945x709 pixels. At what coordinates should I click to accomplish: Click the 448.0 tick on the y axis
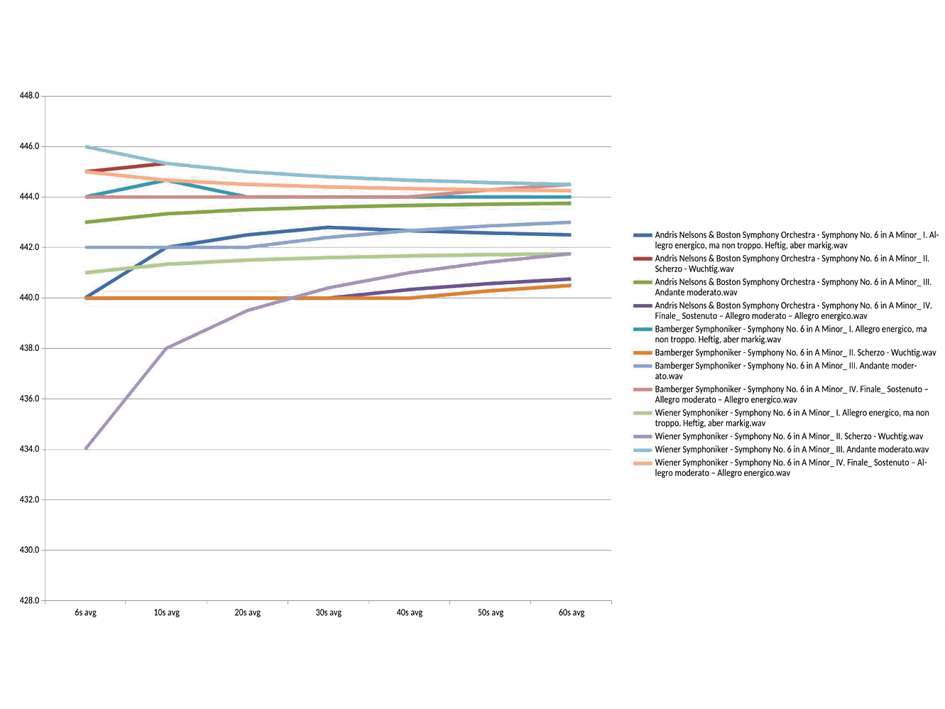point(29,96)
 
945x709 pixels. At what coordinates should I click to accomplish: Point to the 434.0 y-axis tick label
point(29,449)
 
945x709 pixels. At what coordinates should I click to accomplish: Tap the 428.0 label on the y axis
point(29,600)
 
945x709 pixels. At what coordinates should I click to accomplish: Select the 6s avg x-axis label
point(85,612)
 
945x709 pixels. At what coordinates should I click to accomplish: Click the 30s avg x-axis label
point(328,612)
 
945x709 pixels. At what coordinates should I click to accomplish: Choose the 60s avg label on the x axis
point(571,612)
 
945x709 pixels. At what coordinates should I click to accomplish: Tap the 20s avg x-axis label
point(247,612)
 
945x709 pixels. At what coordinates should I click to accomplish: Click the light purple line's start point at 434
point(86,449)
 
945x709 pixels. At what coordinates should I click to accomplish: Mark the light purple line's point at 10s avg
point(166,348)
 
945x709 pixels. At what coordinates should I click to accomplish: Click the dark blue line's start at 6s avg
point(86,297)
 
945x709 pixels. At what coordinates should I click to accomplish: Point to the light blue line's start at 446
point(86,146)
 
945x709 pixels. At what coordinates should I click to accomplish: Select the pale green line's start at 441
point(86,272)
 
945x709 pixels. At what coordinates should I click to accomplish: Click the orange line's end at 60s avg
point(570,285)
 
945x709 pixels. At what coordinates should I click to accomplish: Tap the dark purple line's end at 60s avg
point(570,278)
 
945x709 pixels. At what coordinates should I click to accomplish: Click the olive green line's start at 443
point(86,222)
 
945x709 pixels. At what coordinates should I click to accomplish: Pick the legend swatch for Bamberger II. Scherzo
point(642,353)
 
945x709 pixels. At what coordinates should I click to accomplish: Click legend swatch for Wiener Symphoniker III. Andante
point(642,450)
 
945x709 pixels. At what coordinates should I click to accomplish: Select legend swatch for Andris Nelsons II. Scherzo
point(642,259)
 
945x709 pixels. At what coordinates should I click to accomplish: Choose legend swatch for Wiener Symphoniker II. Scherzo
point(642,437)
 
